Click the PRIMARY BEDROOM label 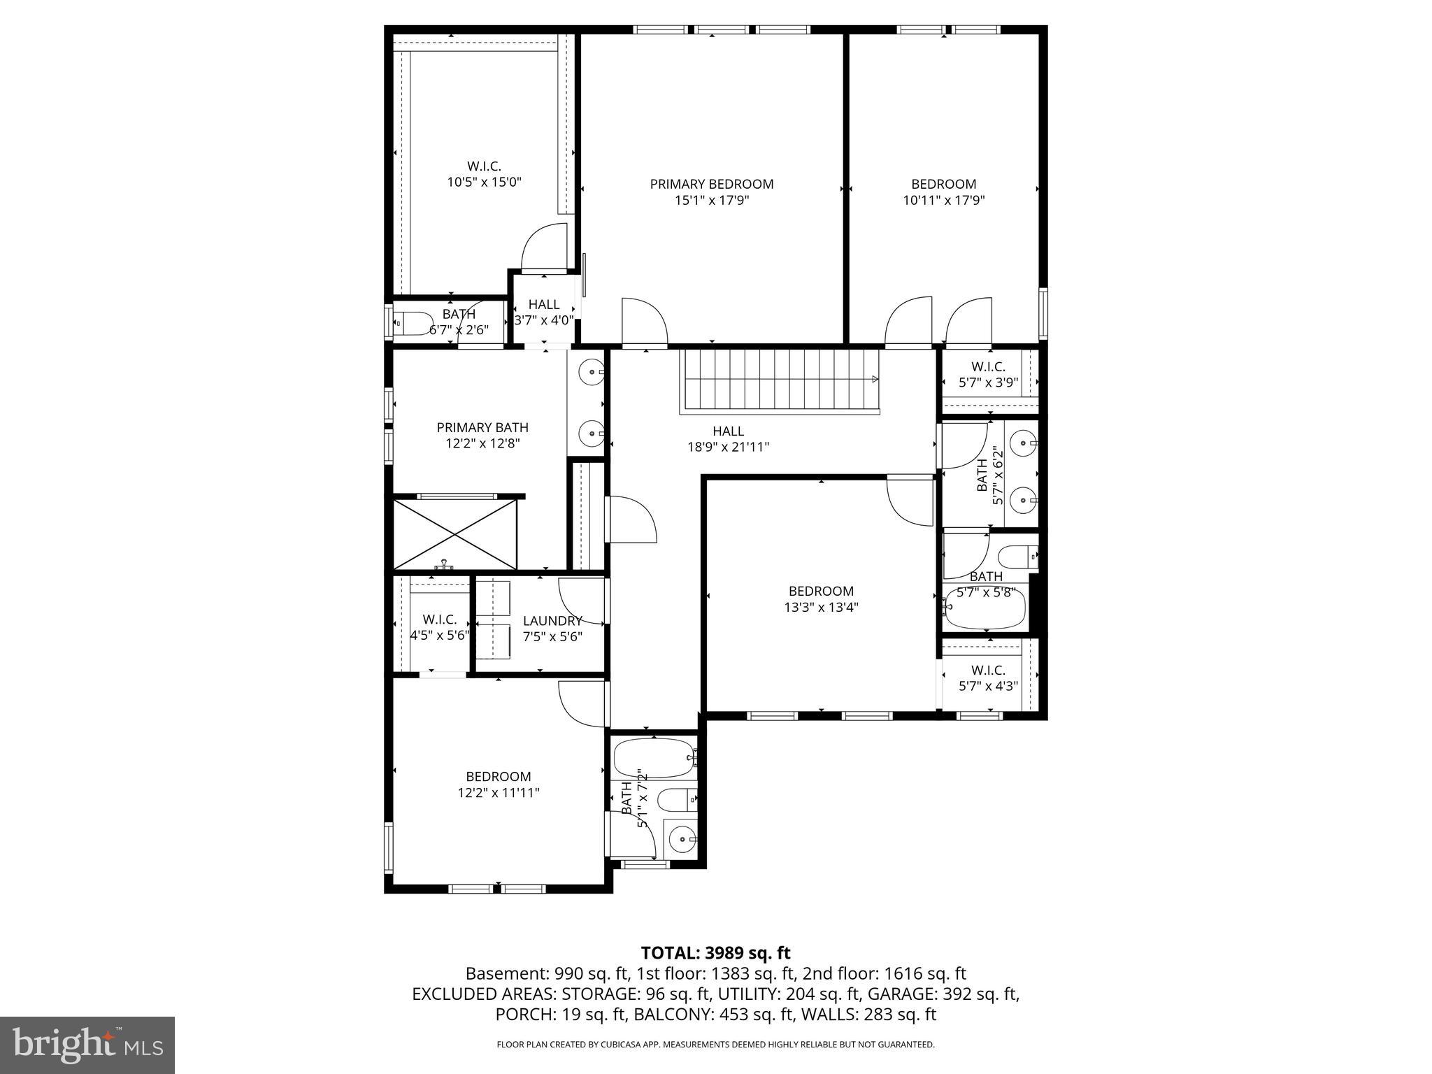[x=712, y=185]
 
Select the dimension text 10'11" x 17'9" [x=943, y=201]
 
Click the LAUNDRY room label [x=552, y=621]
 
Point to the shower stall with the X [x=455, y=534]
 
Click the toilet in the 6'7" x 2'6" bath [x=413, y=324]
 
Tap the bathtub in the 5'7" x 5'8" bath [x=984, y=608]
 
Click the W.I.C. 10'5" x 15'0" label [x=485, y=174]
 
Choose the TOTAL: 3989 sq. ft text [x=715, y=952]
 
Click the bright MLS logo [x=87, y=1045]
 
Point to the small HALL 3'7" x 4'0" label [x=544, y=312]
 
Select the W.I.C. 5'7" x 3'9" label [x=988, y=374]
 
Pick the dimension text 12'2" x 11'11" [x=499, y=792]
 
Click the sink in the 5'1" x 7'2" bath [x=680, y=837]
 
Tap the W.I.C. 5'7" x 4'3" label [x=988, y=678]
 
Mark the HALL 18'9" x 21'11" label [x=728, y=438]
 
